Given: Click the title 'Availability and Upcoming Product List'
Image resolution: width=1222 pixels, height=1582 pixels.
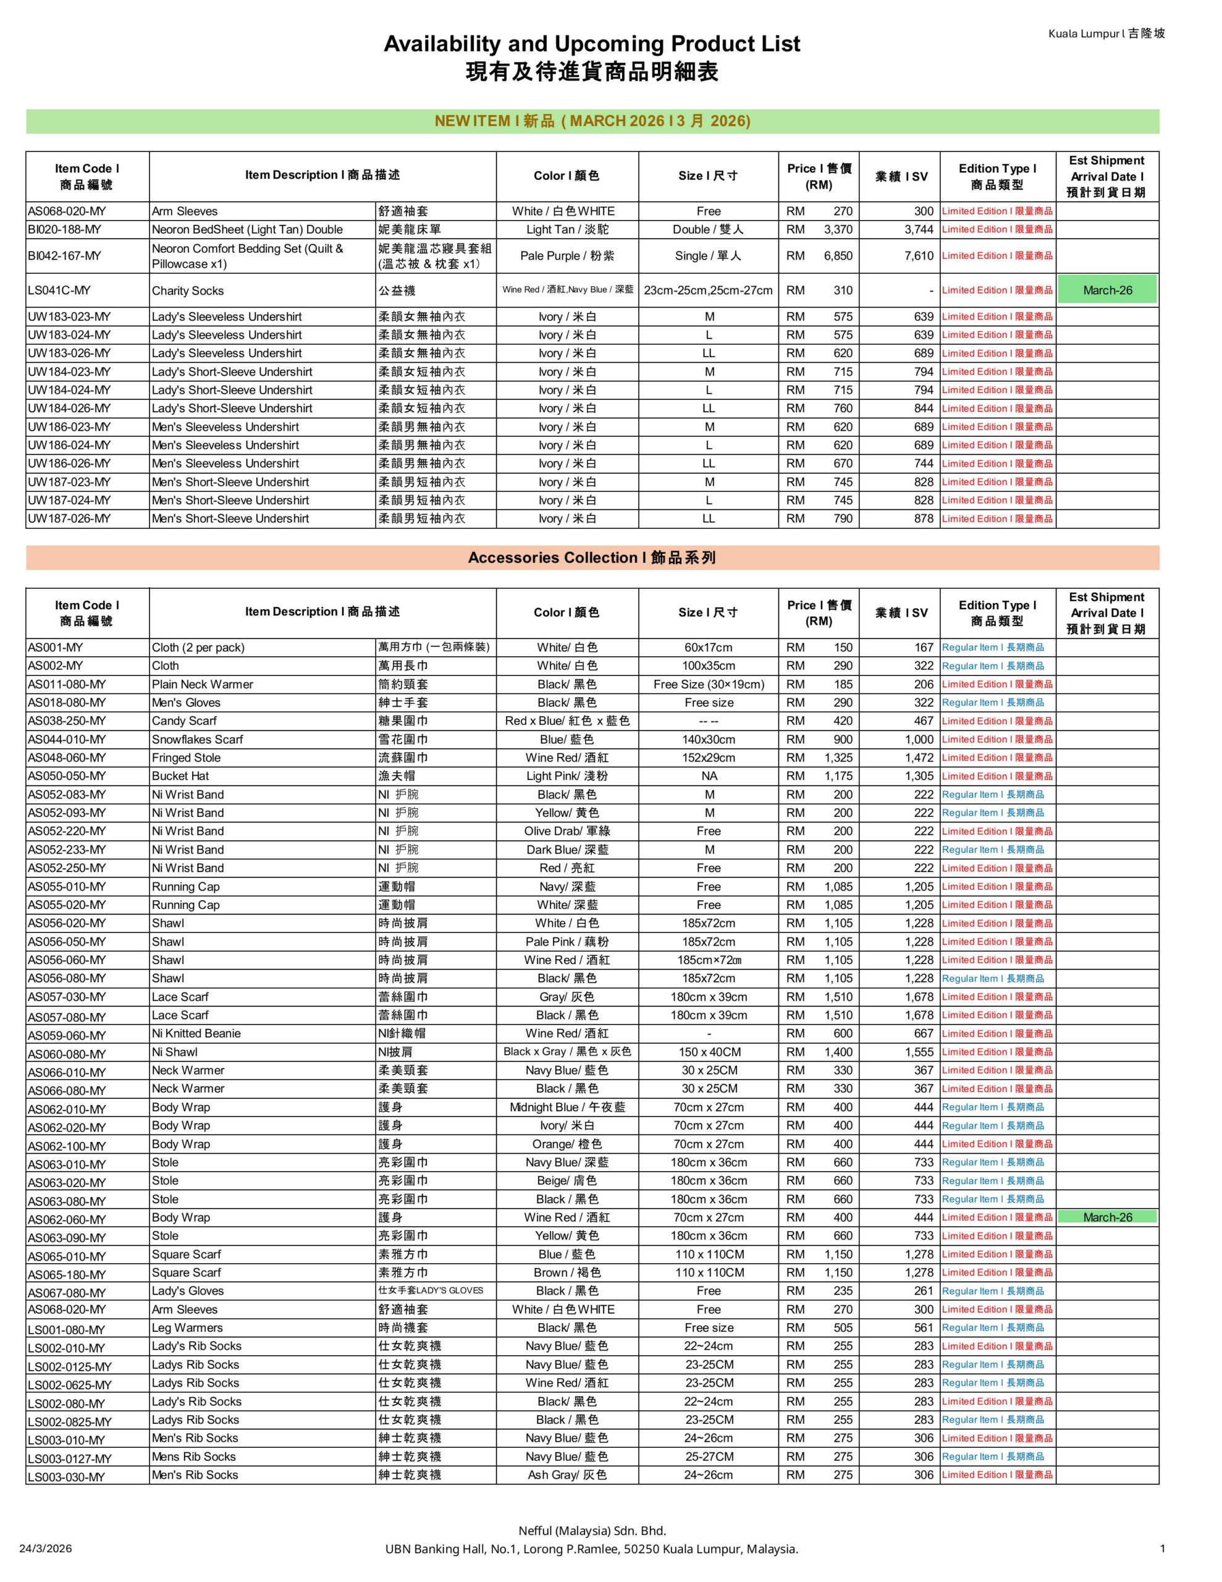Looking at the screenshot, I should pyautogui.click(x=591, y=44).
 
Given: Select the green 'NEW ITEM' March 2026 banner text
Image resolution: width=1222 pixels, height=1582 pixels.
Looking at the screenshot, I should pyautogui.click(x=592, y=121).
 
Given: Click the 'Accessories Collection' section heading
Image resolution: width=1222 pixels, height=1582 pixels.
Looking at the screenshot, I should pyautogui.click(x=592, y=558).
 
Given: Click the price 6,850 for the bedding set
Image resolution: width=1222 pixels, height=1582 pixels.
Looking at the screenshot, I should pyautogui.click(x=837, y=256).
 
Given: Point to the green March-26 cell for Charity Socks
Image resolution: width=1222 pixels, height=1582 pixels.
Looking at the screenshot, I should pyautogui.click(x=1107, y=290).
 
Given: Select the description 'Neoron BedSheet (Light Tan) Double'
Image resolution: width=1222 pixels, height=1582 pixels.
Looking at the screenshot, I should pyautogui.click(x=247, y=230).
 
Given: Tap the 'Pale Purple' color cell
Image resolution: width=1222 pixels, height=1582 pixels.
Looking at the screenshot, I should pyautogui.click(x=567, y=256).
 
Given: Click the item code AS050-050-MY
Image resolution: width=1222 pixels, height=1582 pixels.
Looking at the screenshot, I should pyautogui.click(x=67, y=776).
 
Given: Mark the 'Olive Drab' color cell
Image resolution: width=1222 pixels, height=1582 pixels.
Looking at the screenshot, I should pyautogui.click(x=567, y=831).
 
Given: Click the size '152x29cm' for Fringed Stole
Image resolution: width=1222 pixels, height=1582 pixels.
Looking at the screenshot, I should pyautogui.click(x=708, y=758).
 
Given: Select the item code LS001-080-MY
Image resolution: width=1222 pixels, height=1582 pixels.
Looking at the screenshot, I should pyautogui.click(x=67, y=1330).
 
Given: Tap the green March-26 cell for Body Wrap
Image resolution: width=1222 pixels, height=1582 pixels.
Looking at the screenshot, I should pyautogui.click(x=1107, y=1217).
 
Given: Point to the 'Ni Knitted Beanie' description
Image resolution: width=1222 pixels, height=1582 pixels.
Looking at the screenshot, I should pyautogui.click(x=196, y=1034).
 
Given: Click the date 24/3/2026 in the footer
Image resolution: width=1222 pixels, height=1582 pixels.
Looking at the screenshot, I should pyautogui.click(x=45, y=1549).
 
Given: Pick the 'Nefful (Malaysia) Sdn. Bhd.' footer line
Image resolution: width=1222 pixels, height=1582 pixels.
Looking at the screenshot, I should pyautogui.click(x=592, y=1531).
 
